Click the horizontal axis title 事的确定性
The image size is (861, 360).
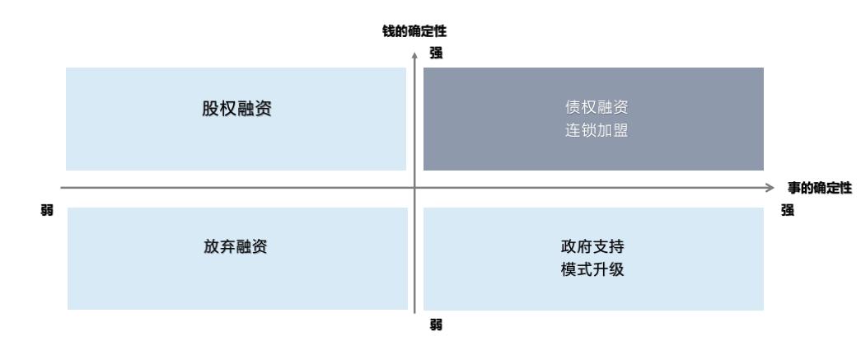[819, 188]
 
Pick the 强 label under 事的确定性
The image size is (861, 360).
[788, 210]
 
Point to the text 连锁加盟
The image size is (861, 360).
[592, 130]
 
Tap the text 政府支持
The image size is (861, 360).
[592, 245]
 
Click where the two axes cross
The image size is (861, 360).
[414, 188]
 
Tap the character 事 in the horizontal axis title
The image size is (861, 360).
[793, 188]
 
